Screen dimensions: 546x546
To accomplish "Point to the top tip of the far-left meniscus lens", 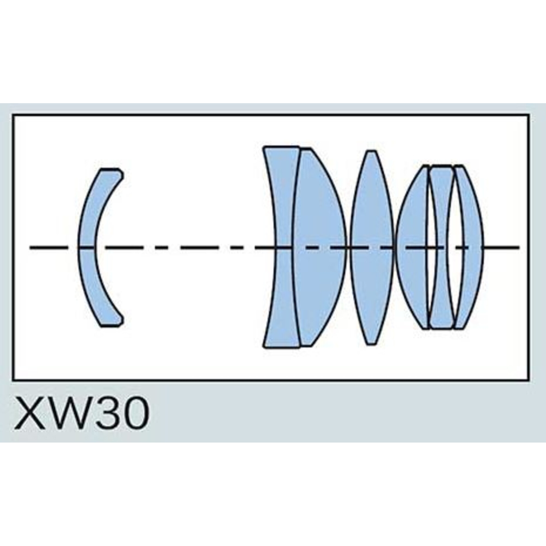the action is coord(110,169).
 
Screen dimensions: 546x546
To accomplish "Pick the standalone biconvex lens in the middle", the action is coord(372,248).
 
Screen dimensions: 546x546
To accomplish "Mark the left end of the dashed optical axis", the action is coord(30,248).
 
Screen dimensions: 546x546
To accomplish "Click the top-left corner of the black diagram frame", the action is coord(13,115).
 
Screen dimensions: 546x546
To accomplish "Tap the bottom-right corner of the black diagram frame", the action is coord(529,380).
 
